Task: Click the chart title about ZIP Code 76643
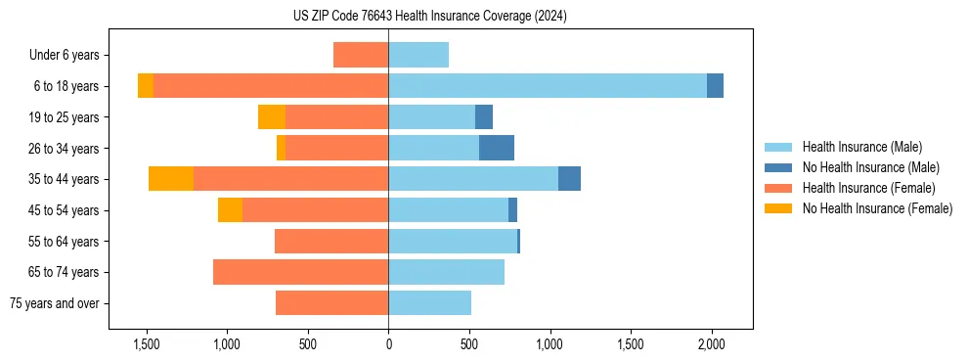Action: click(429, 16)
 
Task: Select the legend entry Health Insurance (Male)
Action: click(861, 147)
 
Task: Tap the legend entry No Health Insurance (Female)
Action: click(877, 208)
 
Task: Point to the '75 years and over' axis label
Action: click(54, 303)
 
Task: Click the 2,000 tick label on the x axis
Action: click(711, 344)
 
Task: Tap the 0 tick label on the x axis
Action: click(388, 344)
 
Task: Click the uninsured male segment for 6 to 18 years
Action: click(715, 86)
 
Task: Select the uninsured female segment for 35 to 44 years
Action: click(171, 179)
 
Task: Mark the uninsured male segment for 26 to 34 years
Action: click(497, 148)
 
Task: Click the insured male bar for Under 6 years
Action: click(418, 55)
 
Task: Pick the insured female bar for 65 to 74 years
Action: click(300, 272)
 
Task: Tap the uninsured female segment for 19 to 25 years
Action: click(272, 117)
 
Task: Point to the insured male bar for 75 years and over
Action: click(429, 303)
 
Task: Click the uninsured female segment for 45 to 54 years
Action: click(230, 210)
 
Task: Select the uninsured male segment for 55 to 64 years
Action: click(518, 241)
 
